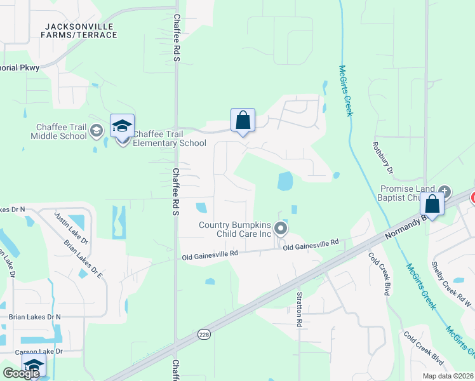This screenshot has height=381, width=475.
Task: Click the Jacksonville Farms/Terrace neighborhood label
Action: click(x=81, y=30)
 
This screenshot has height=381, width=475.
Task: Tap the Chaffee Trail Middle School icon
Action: click(x=96, y=131)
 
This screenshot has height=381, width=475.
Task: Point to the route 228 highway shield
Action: click(x=203, y=334)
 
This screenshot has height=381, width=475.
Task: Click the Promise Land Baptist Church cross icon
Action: click(x=445, y=190)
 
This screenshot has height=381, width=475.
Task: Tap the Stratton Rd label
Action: click(x=298, y=309)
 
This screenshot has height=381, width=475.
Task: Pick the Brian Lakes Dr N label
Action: click(x=35, y=316)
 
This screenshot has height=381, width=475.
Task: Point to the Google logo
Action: click(x=21, y=373)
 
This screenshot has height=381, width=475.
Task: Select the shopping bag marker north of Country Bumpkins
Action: click(x=243, y=120)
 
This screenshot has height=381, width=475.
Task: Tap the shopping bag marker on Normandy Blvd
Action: click(x=432, y=205)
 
